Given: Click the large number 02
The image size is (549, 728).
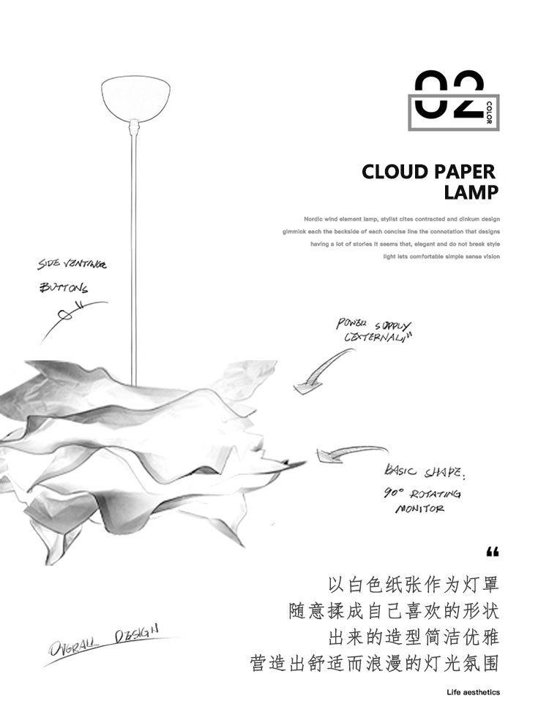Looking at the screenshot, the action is click(448, 95).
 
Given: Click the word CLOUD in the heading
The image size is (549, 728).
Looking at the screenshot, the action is click(395, 172).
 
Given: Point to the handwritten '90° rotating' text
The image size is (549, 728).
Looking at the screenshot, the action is click(422, 493).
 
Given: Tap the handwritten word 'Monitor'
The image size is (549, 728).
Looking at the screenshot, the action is click(420, 509).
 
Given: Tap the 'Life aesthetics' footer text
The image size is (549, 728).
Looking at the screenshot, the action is click(474, 693).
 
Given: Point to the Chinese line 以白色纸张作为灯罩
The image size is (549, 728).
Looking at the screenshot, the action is click(413, 585).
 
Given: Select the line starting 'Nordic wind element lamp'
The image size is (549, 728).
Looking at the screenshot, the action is click(402, 219).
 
